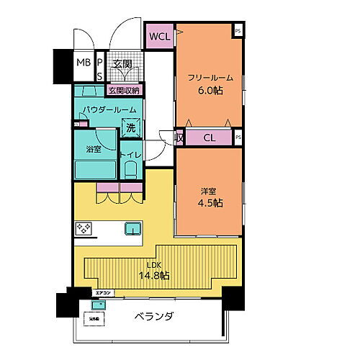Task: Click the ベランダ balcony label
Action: tap(154, 317)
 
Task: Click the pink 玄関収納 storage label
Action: tap(124, 91)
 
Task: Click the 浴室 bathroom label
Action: tap(94, 150)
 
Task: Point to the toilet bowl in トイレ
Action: tap(130, 170)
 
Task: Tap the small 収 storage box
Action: tap(179, 137)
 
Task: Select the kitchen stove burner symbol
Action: tap(84, 229)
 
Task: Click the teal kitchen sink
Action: tap(132, 228)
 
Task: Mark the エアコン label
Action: tap(103, 293)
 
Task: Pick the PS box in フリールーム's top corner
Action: tap(238, 30)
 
